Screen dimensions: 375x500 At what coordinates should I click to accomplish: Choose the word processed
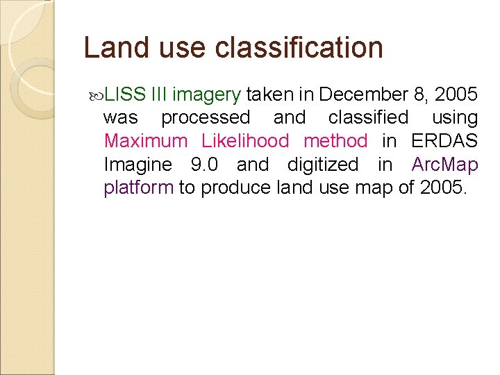pyautogui.click(x=206, y=117)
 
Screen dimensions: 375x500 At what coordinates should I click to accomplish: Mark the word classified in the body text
pyautogui.click(x=368, y=117)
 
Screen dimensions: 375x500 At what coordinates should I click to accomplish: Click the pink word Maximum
pyautogui.click(x=146, y=141)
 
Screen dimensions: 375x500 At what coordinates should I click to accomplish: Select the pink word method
pyautogui.click(x=335, y=141)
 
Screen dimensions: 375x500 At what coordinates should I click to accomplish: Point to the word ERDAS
pyautogui.click(x=444, y=141)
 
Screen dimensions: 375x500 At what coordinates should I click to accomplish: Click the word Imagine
pyautogui.click(x=137, y=165)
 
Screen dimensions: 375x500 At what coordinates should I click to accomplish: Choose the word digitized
pyautogui.click(x=323, y=165)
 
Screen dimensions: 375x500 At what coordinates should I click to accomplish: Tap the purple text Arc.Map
pyautogui.click(x=445, y=165)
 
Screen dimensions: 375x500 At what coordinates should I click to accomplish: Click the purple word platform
pyautogui.click(x=138, y=188)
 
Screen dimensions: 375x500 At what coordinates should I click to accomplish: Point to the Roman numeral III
pyautogui.click(x=159, y=94)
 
